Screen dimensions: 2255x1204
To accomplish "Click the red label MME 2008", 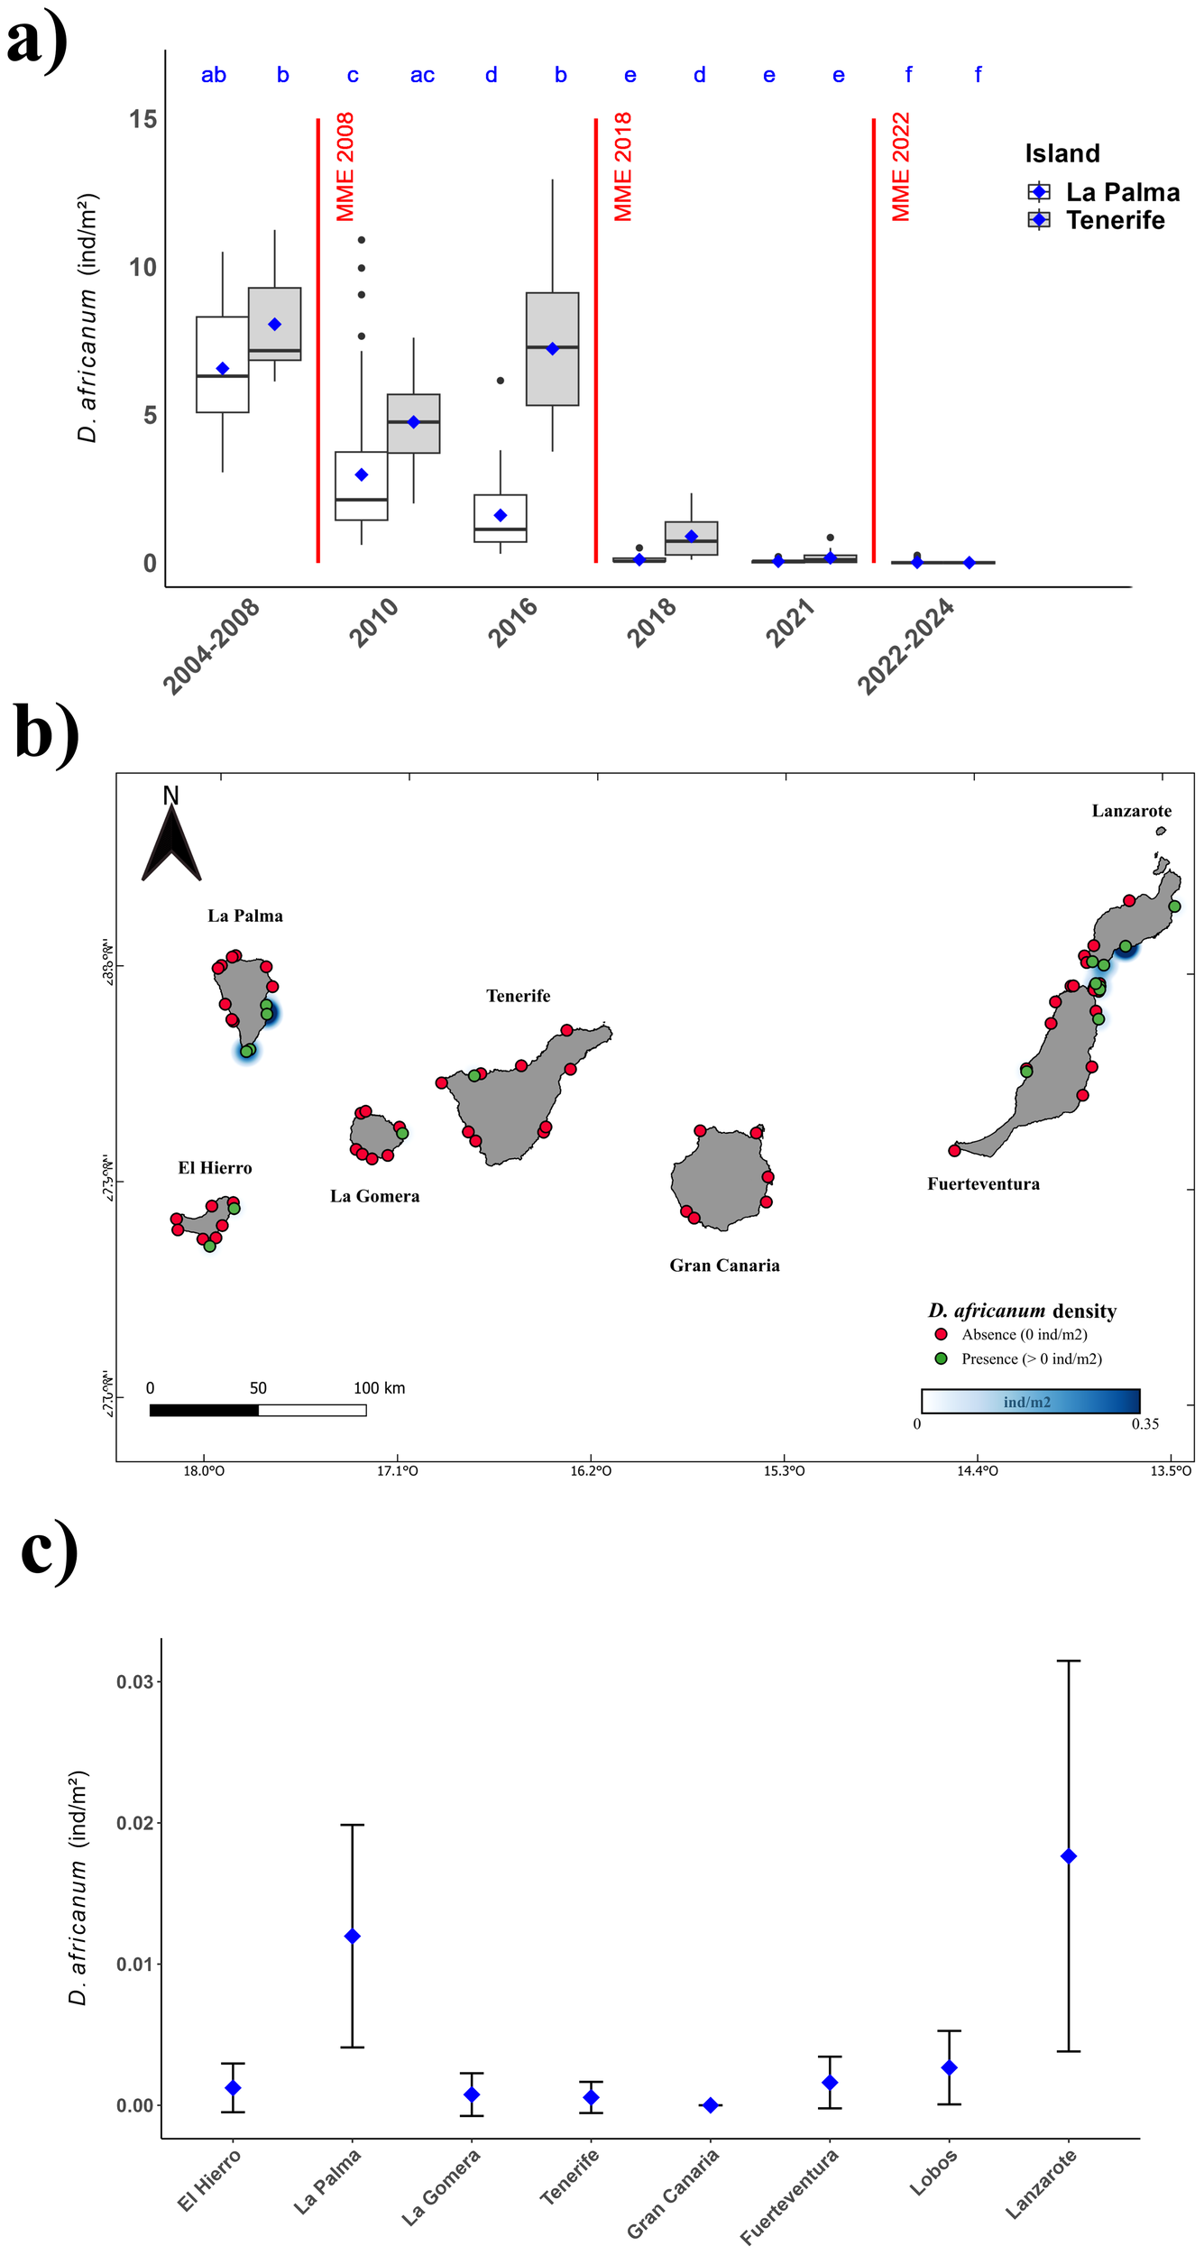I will pyautogui.click(x=345, y=167).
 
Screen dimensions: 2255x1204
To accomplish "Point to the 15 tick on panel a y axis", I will pyautogui.click(x=142, y=120).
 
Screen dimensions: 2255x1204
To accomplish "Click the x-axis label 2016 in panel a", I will pyautogui.click(x=512, y=621).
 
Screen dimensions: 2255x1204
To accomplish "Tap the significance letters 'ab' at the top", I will pyautogui.click(x=213, y=75).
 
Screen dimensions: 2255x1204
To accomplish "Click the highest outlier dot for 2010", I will pyautogui.click(x=362, y=240).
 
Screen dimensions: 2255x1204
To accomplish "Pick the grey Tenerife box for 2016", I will pyautogui.click(x=552, y=349).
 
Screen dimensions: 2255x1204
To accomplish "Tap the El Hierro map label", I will pyautogui.click(x=215, y=1168).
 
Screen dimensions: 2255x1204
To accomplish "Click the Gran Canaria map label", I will pyautogui.click(x=724, y=1266).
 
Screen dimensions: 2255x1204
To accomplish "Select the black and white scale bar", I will pyautogui.click(x=258, y=1410).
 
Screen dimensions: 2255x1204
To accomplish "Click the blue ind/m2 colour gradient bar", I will pyautogui.click(x=1030, y=1401).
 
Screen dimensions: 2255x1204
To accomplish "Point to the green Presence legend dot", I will pyautogui.click(x=941, y=1358).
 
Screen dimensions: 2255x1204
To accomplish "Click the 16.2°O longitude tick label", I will pyautogui.click(x=591, y=1471).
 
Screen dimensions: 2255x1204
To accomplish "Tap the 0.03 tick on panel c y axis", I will pyautogui.click(x=134, y=1682).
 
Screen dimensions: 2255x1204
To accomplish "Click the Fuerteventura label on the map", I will pyautogui.click(x=983, y=1184).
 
